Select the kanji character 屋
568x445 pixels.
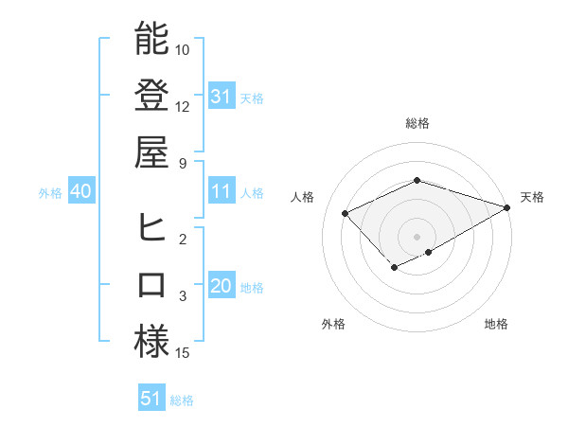click(151, 151)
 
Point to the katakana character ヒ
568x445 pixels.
click(151, 228)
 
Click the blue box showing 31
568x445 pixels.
click(221, 96)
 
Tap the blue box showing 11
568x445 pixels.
click(221, 191)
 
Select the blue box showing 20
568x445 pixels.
click(221, 286)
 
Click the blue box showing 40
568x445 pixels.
click(80, 191)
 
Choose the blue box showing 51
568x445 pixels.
click(151, 399)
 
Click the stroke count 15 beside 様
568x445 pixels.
click(183, 353)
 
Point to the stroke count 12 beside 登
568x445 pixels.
click(183, 106)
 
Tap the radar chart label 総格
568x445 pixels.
click(417, 123)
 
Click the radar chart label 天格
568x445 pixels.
click(532, 197)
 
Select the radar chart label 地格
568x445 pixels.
click(496, 324)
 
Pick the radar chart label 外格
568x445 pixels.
click(333, 324)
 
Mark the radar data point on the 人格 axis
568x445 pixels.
click(346, 213)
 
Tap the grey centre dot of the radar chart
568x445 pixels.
click(417, 236)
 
